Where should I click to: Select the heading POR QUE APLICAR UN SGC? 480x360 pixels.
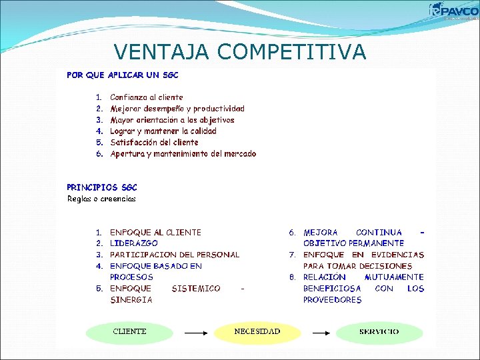point(123,75)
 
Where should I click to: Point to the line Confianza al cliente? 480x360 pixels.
point(146,97)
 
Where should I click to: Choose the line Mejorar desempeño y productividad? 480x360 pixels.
point(177,109)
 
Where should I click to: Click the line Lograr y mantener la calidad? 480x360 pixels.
point(163,131)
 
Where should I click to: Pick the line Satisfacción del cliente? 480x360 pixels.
point(154,142)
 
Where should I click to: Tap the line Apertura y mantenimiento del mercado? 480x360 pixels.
point(183,154)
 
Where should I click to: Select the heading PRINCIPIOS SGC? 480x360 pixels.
point(102,187)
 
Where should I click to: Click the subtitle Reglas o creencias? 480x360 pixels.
point(101,199)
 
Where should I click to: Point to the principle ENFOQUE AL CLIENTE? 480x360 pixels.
point(155,233)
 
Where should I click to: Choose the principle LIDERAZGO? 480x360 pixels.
point(134,244)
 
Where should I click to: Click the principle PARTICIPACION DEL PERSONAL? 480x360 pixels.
point(175,255)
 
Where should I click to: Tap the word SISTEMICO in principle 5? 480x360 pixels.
point(196,289)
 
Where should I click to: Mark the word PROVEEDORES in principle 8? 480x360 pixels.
point(333,300)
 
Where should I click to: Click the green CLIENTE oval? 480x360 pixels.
point(129,331)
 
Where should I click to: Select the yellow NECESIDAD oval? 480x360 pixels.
point(257,331)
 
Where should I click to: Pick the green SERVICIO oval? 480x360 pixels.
point(379,332)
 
